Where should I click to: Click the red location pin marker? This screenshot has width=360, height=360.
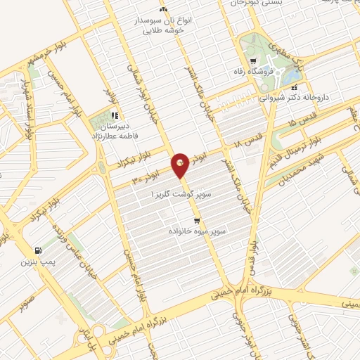click(181, 166)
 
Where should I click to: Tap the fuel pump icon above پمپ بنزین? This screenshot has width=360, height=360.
click(37, 250)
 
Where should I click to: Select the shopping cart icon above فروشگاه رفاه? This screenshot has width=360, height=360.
click(245, 60)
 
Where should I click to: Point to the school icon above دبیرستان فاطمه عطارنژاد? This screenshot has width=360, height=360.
click(115, 115)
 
